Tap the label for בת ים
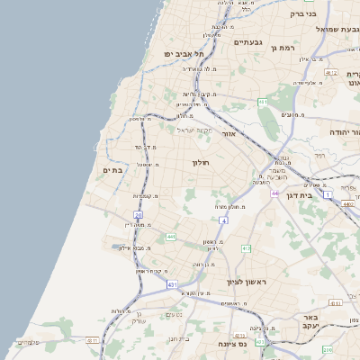(x=112, y=170)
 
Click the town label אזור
(x=229, y=134)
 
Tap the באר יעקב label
(x=311, y=324)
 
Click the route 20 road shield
(x=138, y=215)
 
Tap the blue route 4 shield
(x=222, y=220)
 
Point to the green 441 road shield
(x=170, y=237)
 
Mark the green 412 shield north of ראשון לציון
(x=246, y=247)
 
